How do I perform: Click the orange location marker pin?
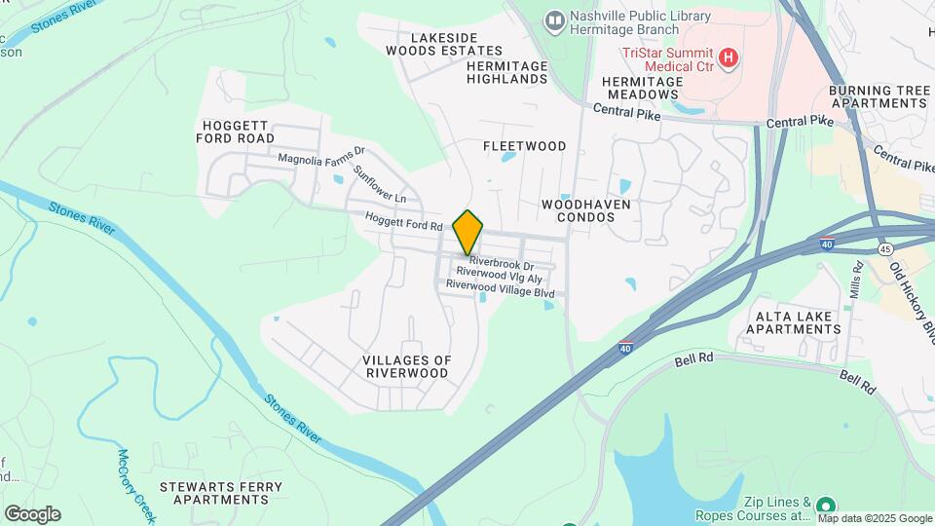click(x=468, y=232)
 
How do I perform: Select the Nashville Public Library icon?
click(x=554, y=20)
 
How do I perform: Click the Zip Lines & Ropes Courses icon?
click(x=825, y=505)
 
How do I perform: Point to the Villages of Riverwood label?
click(x=407, y=366)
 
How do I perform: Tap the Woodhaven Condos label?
click(x=586, y=210)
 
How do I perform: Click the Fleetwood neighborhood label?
click(x=525, y=146)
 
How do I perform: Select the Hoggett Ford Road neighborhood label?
click(x=239, y=131)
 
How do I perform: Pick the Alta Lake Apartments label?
click(x=794, y=322)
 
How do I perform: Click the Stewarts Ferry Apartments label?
click(x=221, y=493)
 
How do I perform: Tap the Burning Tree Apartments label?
click(x=879, y=96)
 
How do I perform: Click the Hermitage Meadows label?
click(x=640, y=88)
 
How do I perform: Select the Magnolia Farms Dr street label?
click(x=320, y=156)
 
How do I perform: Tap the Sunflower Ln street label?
click(x=379, y=183)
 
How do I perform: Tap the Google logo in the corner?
click(x=32, y=513)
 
